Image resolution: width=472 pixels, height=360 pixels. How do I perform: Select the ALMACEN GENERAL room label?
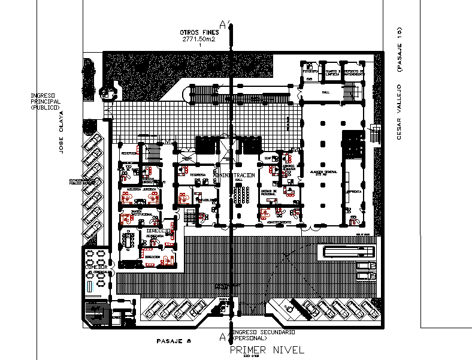(x=324, y=171)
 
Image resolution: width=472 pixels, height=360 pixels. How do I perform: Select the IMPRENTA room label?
(x=352, y=192)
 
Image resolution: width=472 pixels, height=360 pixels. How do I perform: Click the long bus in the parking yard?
(x=349, y=252)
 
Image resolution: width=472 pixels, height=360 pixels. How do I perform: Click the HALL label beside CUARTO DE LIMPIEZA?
(x=325, y=93)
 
